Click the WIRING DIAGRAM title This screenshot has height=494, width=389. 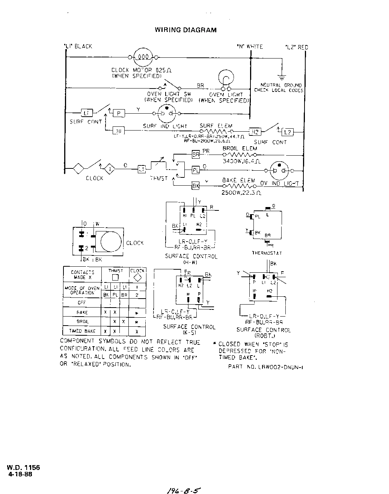click(185, 30)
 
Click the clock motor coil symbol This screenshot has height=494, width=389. click(143, 57)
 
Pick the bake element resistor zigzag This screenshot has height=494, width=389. click(238, 185)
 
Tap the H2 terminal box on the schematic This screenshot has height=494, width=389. click(255, 132)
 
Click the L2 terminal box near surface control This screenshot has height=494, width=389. click(288, 132)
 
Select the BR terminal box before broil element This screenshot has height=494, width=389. click(196, 154)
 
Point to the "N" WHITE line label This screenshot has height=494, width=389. click(250, 47)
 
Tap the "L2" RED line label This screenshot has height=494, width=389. click(297, 47)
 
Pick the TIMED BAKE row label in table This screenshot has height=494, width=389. click(82, 331)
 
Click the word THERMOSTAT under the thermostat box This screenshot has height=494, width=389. click(267, 253)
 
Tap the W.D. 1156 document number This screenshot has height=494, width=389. click(23, 467)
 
